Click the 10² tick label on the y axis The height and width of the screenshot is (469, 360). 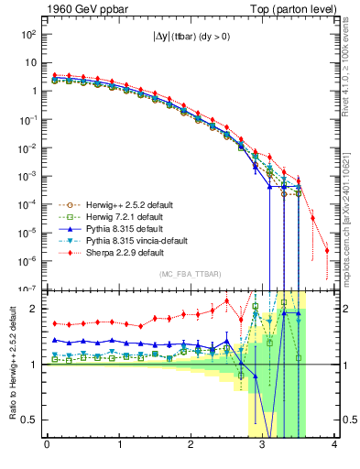[x=28, y=34]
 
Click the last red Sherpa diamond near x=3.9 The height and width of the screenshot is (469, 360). [x=327, y=250]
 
